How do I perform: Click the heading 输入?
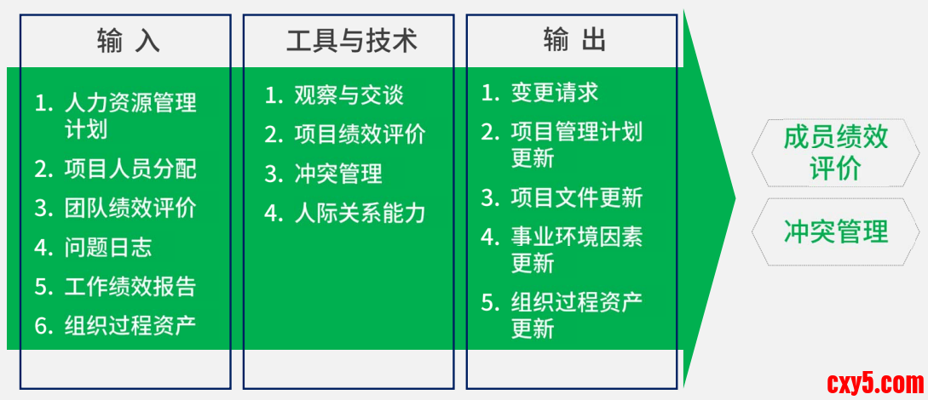coord(128,42)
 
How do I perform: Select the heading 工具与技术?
coord(352,42)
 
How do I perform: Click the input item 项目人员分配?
coord(130,169)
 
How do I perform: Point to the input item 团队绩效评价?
coord(130,208)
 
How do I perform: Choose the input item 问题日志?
coord(108,248)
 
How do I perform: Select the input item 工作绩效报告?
coord(130,287)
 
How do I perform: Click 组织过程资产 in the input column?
coord(130,326)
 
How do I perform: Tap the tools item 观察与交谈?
coord(349,94)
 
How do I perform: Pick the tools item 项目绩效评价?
coord(360,134)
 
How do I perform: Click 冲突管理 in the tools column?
coord(338,174)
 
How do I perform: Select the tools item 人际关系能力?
coord(360,214)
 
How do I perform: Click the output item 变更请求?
coord(555,92)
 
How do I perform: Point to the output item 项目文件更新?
coord(577,198)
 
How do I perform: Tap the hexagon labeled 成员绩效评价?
coord(836,153)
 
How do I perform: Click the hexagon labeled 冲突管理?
coord(836,231)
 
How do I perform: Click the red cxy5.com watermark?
coord(874,384)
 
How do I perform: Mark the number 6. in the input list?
coord(43,326)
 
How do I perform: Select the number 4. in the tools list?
coord(274,214)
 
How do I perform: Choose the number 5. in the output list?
coord(490,302)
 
